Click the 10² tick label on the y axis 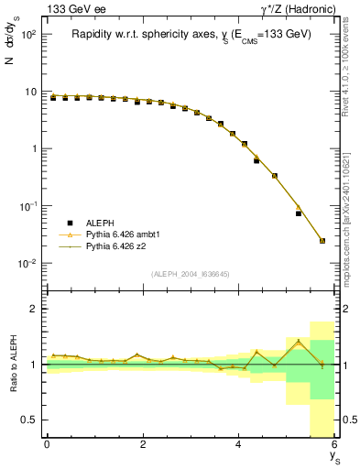point(28,34)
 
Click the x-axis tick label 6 point(334,444)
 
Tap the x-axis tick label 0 point(47,444)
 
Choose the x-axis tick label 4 point(238,444)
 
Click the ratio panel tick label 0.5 point(31,420)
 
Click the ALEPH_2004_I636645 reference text point(190,273)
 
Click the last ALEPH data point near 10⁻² point(322,241)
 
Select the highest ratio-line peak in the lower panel point(299,342)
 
